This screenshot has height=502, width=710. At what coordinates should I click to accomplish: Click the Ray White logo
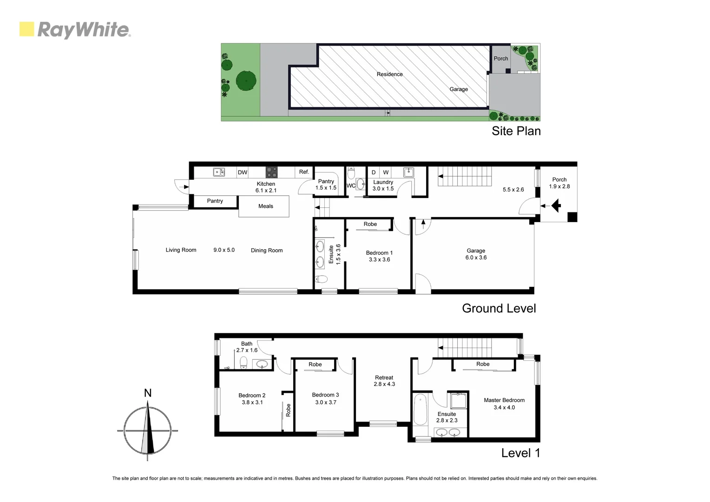(75, 30)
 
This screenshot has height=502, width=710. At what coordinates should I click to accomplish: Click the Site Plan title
(516, 131)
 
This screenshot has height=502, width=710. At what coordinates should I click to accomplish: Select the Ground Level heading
(499, 308)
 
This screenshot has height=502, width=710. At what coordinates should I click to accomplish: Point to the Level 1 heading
(520, 453)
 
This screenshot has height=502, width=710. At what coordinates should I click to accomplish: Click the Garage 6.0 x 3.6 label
(476, 254)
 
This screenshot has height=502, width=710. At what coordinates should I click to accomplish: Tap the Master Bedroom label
(504, 403)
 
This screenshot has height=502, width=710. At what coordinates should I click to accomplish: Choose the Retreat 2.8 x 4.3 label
(384, 381)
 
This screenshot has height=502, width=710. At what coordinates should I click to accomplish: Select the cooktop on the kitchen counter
(271, 172)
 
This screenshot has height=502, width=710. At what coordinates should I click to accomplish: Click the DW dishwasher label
(243, 172)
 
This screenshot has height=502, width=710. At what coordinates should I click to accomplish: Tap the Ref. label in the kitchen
(304, 172)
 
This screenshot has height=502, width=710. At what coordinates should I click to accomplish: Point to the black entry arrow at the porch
(556, 205)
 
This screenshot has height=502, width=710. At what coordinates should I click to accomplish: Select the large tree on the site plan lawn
(246, 81)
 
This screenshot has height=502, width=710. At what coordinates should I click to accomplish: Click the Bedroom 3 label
(325, 398)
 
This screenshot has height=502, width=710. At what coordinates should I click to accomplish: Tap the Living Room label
(181, 250)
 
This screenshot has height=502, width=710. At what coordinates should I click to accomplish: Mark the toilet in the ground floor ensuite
(321, 279)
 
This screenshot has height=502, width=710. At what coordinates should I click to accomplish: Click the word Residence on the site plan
(389, 74)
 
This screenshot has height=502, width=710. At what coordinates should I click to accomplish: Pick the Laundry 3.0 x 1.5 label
(383, 185)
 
